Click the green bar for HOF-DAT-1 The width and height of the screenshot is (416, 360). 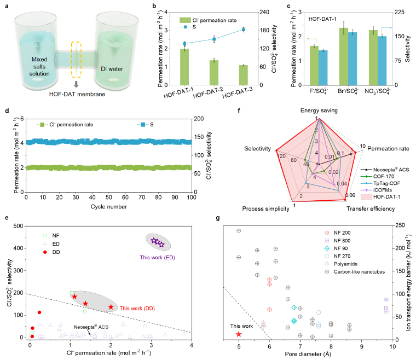pos(185,67)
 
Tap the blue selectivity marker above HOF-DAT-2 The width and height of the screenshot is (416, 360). pos(214,39)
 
